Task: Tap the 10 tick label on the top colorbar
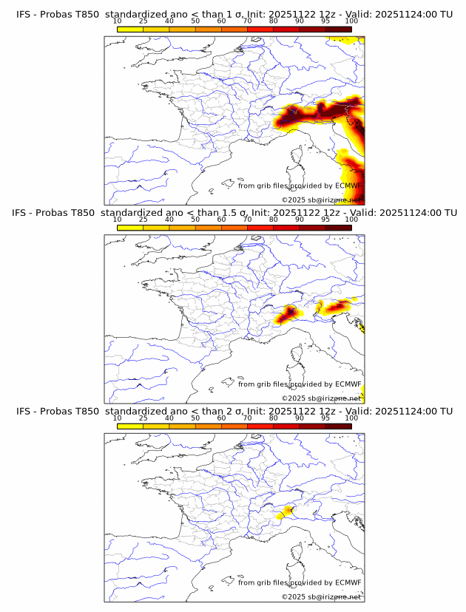(x=117, y=21)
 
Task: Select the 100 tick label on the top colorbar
(x=351, y=21)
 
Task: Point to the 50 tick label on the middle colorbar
(x=195, y=219)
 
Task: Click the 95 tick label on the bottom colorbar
(x=325, y=418)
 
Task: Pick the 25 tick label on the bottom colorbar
(x=143, y=418)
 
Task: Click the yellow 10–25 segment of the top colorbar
(x=130, y=29)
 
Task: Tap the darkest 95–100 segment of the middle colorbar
(x=339, y=228)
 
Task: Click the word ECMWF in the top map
(x=348, y=186)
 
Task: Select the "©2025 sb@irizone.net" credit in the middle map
(x=321, y=398)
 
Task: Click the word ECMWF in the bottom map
(x=348, y=582)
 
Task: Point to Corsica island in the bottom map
(x=299, y=554)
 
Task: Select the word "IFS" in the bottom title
(x=24, y=411)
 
